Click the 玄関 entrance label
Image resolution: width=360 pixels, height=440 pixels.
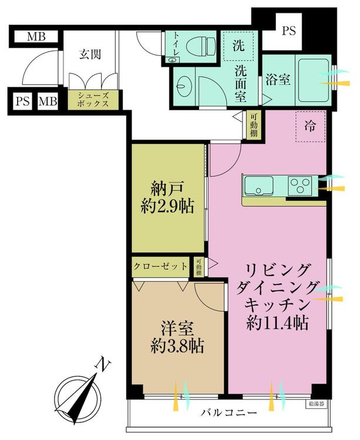(x=90, y=55)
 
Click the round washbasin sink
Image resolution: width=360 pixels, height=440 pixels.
(x=184, y=87)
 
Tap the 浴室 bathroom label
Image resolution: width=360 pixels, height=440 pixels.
(x=277, y=80)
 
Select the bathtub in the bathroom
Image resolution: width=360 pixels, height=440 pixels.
(x=315, y=80)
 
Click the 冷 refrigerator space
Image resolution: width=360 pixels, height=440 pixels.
(x=309, y=126)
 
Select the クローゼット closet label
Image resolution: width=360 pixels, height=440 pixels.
(x=161, y=266)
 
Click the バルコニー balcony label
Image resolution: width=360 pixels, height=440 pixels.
(x=229, y=414)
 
